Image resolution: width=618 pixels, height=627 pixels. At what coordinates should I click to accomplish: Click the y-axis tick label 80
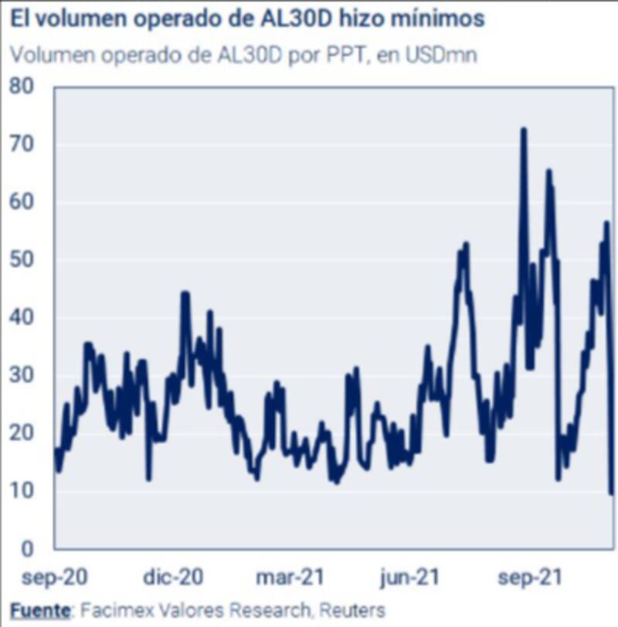25,86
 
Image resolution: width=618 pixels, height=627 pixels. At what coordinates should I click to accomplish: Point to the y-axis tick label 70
25,144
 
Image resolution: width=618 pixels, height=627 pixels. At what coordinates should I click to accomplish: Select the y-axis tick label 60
25,202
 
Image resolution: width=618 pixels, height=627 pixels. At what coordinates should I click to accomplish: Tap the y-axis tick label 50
25,260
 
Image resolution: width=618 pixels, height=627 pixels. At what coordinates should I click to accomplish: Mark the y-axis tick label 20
25,433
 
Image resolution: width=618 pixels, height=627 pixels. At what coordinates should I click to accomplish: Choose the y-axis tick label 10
25,491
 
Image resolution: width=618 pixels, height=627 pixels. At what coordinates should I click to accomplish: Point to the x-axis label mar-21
290,577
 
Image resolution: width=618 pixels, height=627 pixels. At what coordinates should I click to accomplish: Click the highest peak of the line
523,130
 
